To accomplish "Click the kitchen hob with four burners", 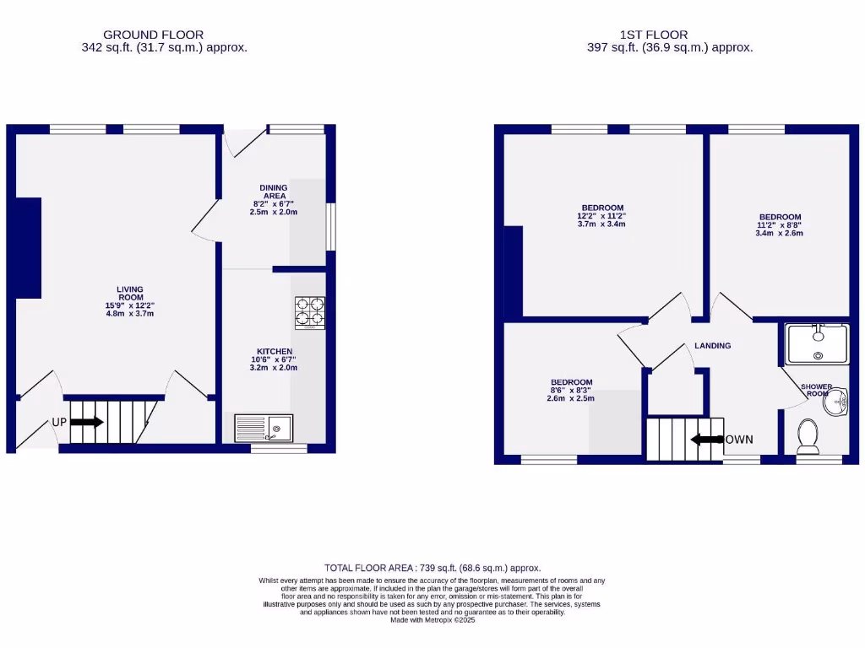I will [310, 312].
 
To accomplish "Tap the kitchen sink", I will [264, 428].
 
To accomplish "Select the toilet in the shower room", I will [807, 435].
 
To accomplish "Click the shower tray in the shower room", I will [816, 343].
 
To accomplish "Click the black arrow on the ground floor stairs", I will [87, 422].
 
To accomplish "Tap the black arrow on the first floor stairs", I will [706, 439].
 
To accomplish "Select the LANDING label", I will [712, 346].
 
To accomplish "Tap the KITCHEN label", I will [275, 351].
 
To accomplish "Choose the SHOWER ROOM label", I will [817, 390].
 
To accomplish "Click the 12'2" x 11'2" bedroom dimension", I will [601, 216].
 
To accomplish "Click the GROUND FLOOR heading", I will [153, 35].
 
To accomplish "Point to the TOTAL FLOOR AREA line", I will [432, 568].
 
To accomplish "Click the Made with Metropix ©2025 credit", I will [432, 619].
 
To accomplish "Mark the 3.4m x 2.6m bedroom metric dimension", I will [779, 233].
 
